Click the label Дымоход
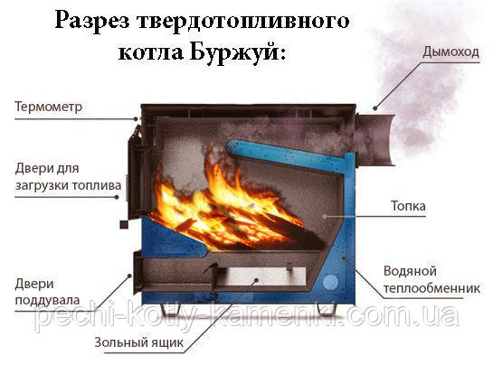pos(450,51)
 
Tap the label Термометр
pos(49,107)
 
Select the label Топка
pos(408,206)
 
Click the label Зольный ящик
pos(138,342)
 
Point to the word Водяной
pos(410,271)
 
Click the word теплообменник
pos(431,288)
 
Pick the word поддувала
pos(47,301)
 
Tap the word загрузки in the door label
pos(42,185)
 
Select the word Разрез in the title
pos(92,22)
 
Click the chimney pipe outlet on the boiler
pos(374,139)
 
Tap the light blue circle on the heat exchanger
pos(330,282)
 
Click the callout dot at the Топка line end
pos(325,216)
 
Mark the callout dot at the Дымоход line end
pos(375,108)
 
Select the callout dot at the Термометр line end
pos(136,118)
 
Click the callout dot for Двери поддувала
pos(129,276)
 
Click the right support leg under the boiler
pos(326,310)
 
